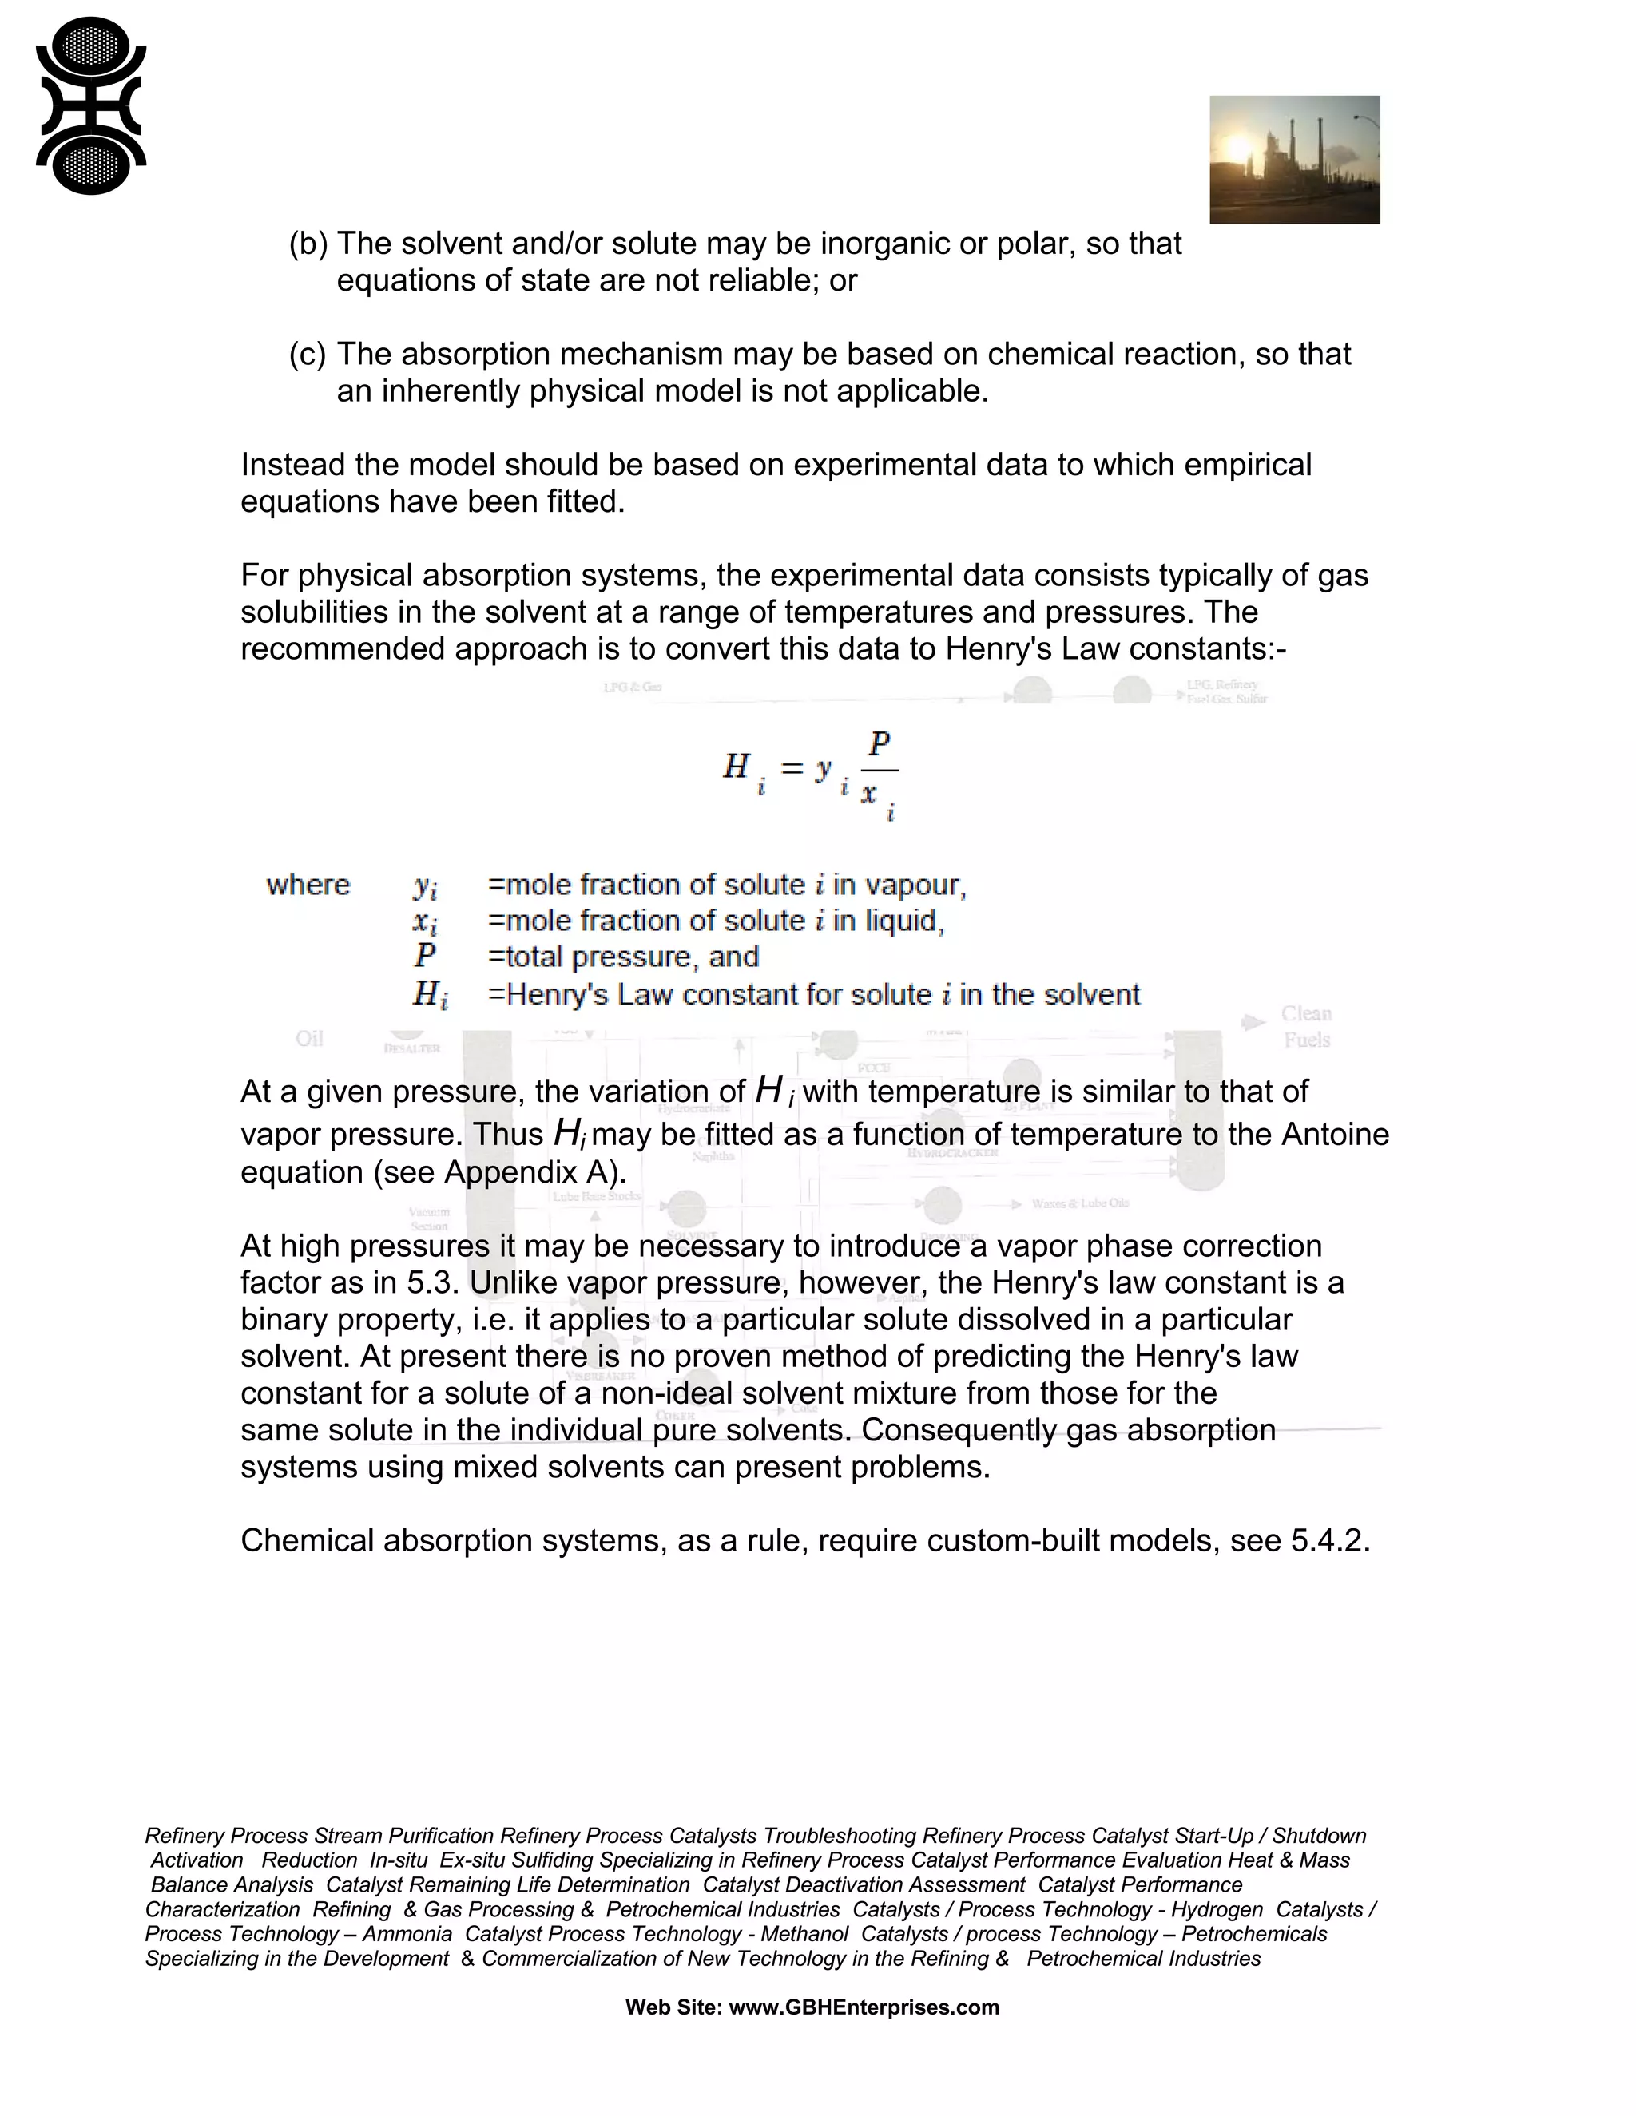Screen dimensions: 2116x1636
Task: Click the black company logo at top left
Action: pos(91,105)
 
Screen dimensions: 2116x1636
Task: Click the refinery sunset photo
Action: pos(1294,160)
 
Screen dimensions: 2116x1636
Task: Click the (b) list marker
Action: pos(308,244)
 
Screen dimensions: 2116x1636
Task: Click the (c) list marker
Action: pos(308,354)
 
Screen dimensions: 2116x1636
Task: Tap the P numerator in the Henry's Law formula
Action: pos(879,744)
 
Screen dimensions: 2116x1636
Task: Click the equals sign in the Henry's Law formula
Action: pos(792,768)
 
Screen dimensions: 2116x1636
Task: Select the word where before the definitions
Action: pos(308,885)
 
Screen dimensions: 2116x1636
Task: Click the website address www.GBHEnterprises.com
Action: pos(863,2007)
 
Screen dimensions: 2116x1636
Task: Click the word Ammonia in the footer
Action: pos(407,1934)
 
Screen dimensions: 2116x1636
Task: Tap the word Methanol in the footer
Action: pos(804,1934)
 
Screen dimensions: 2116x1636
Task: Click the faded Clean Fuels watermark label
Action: pos(1305,1026)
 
